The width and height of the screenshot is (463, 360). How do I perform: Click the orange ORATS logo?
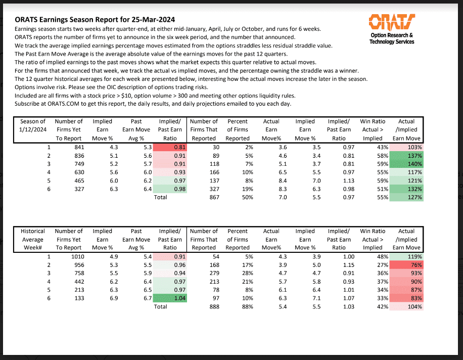point(392,22)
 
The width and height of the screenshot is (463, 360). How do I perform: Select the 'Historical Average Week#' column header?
point(33,240)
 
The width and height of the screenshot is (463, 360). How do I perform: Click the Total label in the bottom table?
point(160,307)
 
